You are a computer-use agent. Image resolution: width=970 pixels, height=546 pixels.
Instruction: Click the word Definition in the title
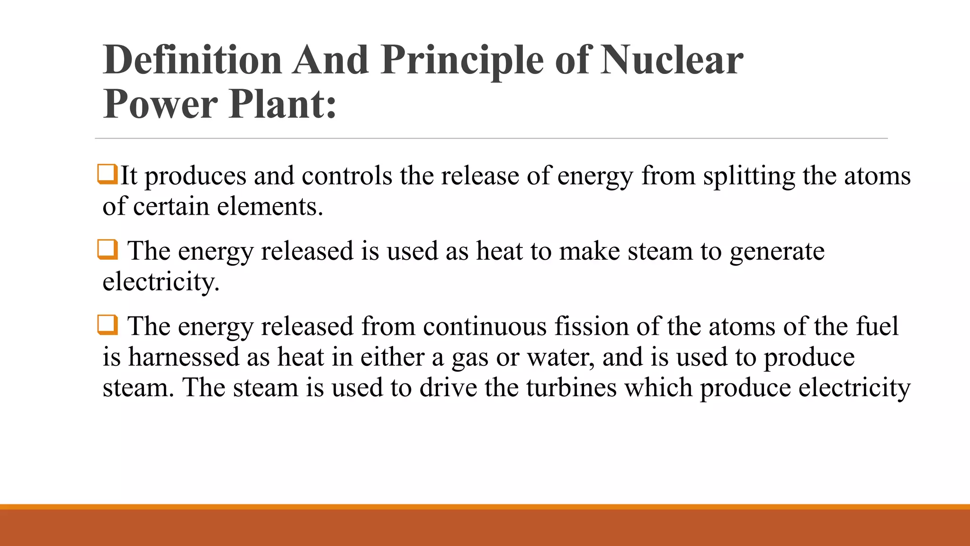tap(192, 60)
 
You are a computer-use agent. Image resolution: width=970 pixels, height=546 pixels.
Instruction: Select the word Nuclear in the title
tap(672, 60)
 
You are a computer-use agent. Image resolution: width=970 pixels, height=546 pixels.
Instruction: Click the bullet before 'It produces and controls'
tap(107, 174)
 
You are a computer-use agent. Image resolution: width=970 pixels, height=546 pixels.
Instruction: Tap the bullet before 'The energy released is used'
tap(107, 249)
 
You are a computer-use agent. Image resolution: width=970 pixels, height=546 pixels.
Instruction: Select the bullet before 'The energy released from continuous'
tap(107, 325)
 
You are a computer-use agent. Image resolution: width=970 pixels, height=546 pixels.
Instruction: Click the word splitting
tap(749, 176)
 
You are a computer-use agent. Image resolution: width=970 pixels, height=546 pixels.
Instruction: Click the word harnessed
tap(184, 357)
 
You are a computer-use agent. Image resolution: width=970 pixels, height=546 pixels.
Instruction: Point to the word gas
tap(470, 358)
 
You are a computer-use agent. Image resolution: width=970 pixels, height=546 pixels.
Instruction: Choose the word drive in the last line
tap(448, 388)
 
